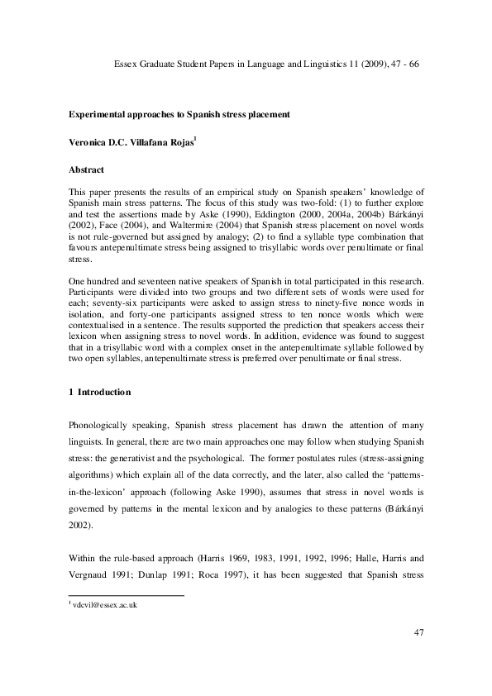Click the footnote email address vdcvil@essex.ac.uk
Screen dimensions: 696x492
click(x=105, y=606)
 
